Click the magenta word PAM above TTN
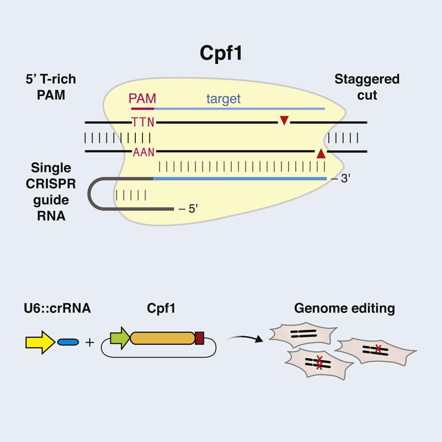coord(142,98)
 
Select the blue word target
coord(223,99)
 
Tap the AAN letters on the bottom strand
coord(143,152)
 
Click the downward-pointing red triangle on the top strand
coord(284,120)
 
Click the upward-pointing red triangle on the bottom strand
coord(321,154)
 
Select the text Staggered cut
coord(367,87)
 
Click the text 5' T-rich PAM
coord(51,87)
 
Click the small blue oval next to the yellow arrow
coord(68,342)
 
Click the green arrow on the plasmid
coord(119,338)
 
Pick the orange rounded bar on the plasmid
coord(162,338)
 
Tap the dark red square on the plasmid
coord(199,338)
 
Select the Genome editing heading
coord(344,308)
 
